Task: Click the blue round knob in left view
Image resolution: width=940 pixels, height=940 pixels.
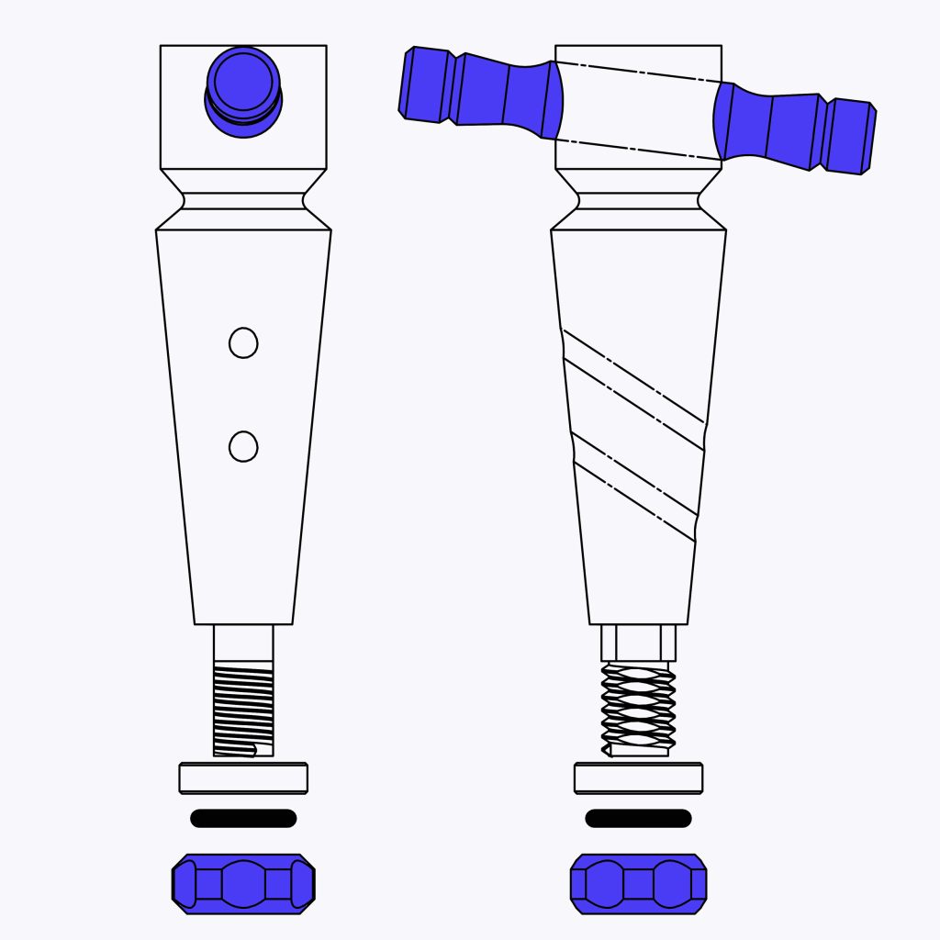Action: (243, 89)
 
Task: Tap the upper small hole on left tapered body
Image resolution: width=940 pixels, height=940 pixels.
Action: (243, 343)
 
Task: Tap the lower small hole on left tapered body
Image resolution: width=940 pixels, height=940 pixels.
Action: (243, 447)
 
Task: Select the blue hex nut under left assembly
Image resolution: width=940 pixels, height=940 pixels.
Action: (243, 884)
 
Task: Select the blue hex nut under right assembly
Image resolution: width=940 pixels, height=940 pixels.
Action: (638, 884)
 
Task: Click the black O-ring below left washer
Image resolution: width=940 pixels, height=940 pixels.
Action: (243, 818)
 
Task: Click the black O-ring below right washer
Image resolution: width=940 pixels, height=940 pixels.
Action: (638, 818)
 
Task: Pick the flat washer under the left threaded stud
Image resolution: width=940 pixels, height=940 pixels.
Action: (243, 778)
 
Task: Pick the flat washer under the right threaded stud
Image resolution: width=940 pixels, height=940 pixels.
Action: (638, 778)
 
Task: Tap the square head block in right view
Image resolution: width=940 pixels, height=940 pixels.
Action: (638, 110)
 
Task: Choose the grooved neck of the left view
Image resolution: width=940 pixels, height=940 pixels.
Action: (243, 200)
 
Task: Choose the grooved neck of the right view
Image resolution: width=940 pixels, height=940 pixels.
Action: (638, 200)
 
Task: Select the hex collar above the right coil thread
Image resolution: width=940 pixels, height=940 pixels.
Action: (638, 643)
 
